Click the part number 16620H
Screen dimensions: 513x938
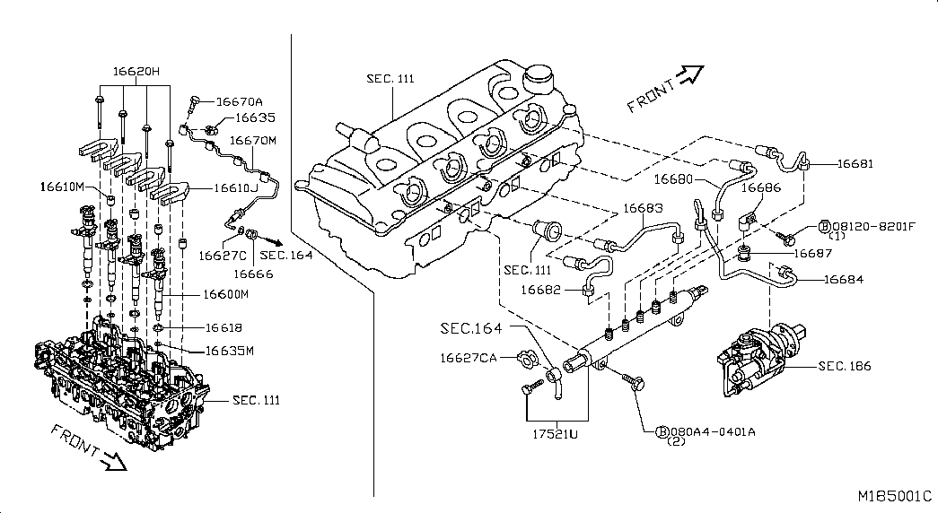[x=136, y=71]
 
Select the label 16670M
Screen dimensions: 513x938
[x=254, y=140]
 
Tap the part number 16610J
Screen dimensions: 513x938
[x=235, y=188]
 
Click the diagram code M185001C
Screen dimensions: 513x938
[x=894, y=496]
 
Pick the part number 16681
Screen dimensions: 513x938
[x=855, y=164]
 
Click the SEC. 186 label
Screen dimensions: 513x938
[x=845, y=366]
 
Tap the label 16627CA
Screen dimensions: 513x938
[x=469, y=358]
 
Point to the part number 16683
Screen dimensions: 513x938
[x=644, y=208]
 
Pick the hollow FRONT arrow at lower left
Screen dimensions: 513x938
[x=113, y=460]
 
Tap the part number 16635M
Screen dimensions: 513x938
[x=229, y=350]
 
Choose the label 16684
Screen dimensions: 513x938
[x=845, y=279]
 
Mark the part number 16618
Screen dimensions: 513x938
[x=223, y=328]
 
